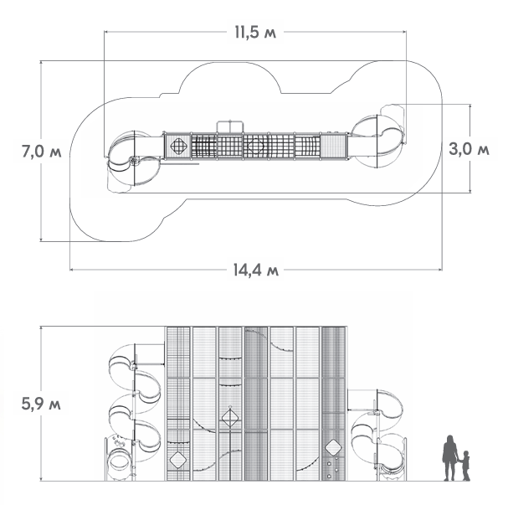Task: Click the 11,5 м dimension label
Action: point(255,33)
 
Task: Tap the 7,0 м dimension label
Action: point(42,152)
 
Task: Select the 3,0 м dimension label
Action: point(469,149)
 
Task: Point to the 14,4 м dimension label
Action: point(256,270)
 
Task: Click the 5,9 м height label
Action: point(41,404)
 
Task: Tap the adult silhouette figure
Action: point(450,457)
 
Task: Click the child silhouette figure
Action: point(465,466)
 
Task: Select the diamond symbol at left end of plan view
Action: point(178,146)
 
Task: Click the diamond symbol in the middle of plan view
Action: point(256,146)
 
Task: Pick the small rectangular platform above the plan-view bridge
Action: point(229,126)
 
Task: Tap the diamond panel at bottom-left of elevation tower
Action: point(178,461)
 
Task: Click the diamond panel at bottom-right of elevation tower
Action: point(333,447)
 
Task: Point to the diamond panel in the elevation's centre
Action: point(230,418)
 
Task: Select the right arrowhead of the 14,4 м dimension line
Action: point(440,270)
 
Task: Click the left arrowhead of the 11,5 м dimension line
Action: point(106,32)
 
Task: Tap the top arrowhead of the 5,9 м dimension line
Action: point(41,328)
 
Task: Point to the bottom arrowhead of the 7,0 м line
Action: point(41,239)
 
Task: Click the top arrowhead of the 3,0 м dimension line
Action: point(470,106)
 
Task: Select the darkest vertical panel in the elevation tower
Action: point(256,404)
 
